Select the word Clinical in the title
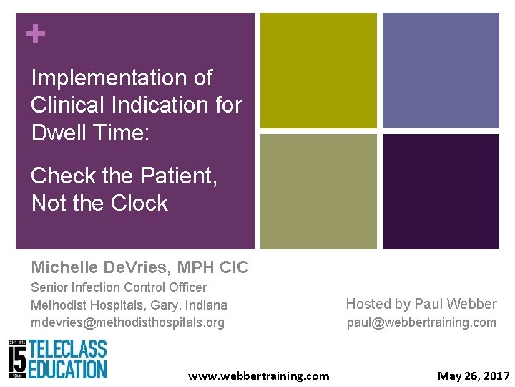70,105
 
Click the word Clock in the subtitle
134,203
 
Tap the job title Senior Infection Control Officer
119,287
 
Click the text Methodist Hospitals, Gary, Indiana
129,305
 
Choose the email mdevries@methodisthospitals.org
127,322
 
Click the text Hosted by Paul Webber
421,304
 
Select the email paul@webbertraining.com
421,322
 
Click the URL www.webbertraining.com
258,376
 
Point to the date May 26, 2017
474,376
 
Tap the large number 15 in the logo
20,360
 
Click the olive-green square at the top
318,70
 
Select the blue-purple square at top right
441,70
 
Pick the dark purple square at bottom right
441,191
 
